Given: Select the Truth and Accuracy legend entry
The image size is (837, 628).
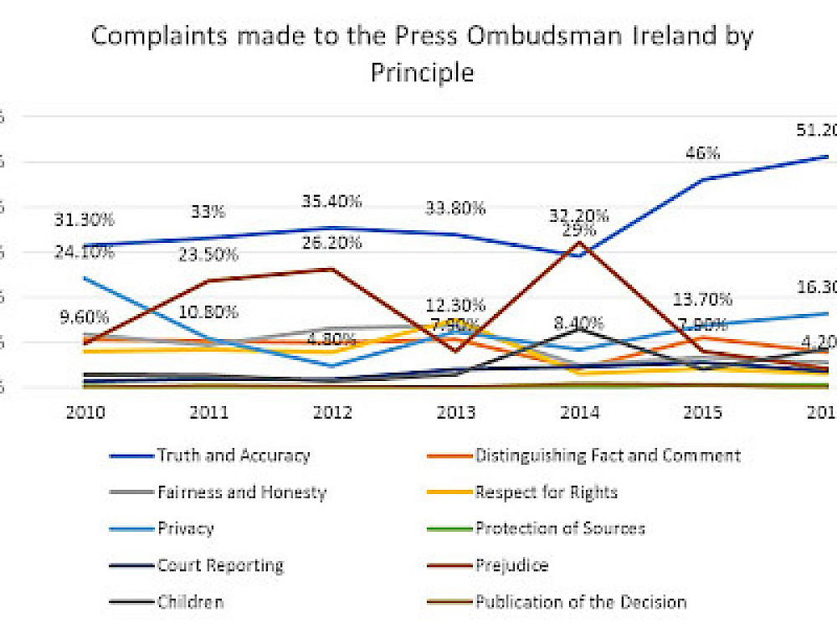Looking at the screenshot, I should pyautogui.click(x=233, y=456).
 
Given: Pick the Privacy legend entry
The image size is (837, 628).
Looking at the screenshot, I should pyautogui.click(x=185, y=528).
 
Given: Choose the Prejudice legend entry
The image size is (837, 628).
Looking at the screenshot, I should pyautogui.click(x=511, y=565).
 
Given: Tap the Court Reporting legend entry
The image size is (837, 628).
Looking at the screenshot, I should pyautogui.click(x=220, y=565).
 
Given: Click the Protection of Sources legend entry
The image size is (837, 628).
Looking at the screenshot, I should pyautogui.click(x=560, y=528).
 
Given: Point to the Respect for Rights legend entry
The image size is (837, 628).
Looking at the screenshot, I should pyautogui.click(x=546, y=492).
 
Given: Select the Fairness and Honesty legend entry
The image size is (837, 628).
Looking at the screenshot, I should pyautogui.click(x=241, y=492).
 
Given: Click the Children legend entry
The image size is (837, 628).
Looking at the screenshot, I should pyautogui.click(x=190, y=602).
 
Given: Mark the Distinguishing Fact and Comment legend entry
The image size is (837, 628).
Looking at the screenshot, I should pyautogui.click(x=608, y=456).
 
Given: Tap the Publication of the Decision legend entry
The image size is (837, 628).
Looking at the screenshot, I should pyautogui.click(x=581, y=602).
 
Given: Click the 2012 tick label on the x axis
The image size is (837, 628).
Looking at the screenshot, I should pyautogui.click(x=332, y=412).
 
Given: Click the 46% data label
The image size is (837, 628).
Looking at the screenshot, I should pyautogui.click(x=703, y=154).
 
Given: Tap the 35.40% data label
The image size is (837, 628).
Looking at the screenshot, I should pyautogui.click(x=332, y=202).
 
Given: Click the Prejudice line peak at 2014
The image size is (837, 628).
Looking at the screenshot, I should pyautogui.click(x=580, y=242).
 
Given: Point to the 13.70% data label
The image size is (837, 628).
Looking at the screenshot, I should pyautogui.click(x=703, y=300).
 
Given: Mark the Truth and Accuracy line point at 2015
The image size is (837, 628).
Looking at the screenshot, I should pyautogui.click(x=703, y=179).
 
